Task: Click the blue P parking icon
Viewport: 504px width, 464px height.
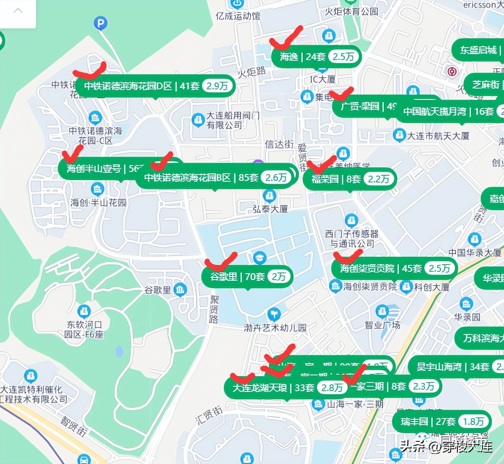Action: [100, 24]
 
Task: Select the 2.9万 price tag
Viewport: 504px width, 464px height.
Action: [217, 86]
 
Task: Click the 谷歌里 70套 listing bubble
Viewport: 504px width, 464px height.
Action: [247, 277]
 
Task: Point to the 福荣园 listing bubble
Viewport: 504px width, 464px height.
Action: [350, 179]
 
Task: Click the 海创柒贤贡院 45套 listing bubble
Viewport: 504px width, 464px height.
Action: [394, 268]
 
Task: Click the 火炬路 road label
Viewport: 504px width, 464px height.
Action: [252, 72]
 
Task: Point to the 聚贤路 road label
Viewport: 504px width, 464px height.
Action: [214, 309]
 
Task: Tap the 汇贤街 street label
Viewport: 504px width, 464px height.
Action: [209, 415]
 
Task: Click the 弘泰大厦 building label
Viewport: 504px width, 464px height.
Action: [270, 209]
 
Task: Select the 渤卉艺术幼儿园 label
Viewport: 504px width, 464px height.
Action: [275, 328]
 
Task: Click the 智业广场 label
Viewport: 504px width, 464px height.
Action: [382, 325]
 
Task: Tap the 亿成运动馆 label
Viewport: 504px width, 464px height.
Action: [237, 16]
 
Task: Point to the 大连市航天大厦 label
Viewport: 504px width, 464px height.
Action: [438, 136]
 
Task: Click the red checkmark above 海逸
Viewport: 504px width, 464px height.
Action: [286, 39]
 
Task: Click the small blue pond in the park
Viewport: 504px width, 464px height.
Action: [119, 352]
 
